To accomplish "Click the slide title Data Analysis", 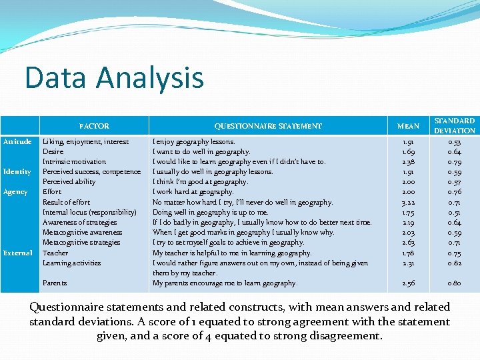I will click(114, 77).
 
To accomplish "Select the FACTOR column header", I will click(94, 126).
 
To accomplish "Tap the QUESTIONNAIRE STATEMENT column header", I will click(268, 126).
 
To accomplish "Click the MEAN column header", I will click(409, 126).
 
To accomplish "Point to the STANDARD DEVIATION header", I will click(455, 126).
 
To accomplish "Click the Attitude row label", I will click(17, 141).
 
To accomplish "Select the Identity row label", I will click(17, 172).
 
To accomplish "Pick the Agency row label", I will click(15, 192).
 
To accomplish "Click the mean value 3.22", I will click(409, 202).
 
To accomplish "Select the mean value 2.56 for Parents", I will click(409, 283).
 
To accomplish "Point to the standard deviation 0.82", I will click(455, 263).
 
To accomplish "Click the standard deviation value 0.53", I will click(455, 141).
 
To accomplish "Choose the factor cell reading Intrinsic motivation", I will click(74, 162).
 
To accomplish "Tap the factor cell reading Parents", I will click(55, 283).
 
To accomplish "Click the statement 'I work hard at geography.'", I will click(193, 192).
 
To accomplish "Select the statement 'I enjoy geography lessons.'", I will click(194, 141).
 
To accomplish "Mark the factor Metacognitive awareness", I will click(82, 233).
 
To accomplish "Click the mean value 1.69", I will click(409, 152).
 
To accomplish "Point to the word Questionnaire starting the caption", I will click(71, 307).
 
